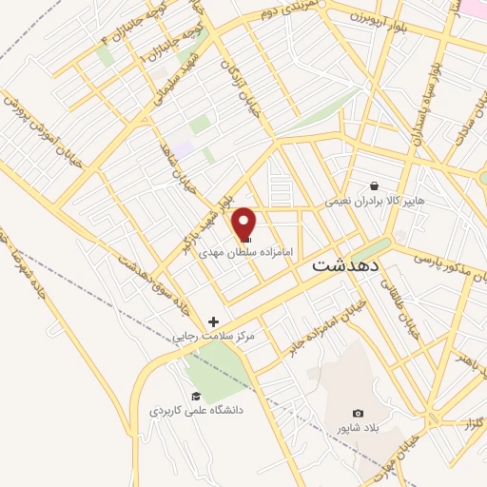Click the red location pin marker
(x=244, y=224)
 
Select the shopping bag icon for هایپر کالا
(x=373, y=186)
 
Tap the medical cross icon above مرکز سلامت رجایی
(x=213, y=322)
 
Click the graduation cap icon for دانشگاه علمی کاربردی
(x=196, y=396)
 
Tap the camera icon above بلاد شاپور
(x=358, y=413)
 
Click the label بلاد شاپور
(x=358, y=428)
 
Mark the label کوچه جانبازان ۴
(x=96, y=42)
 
